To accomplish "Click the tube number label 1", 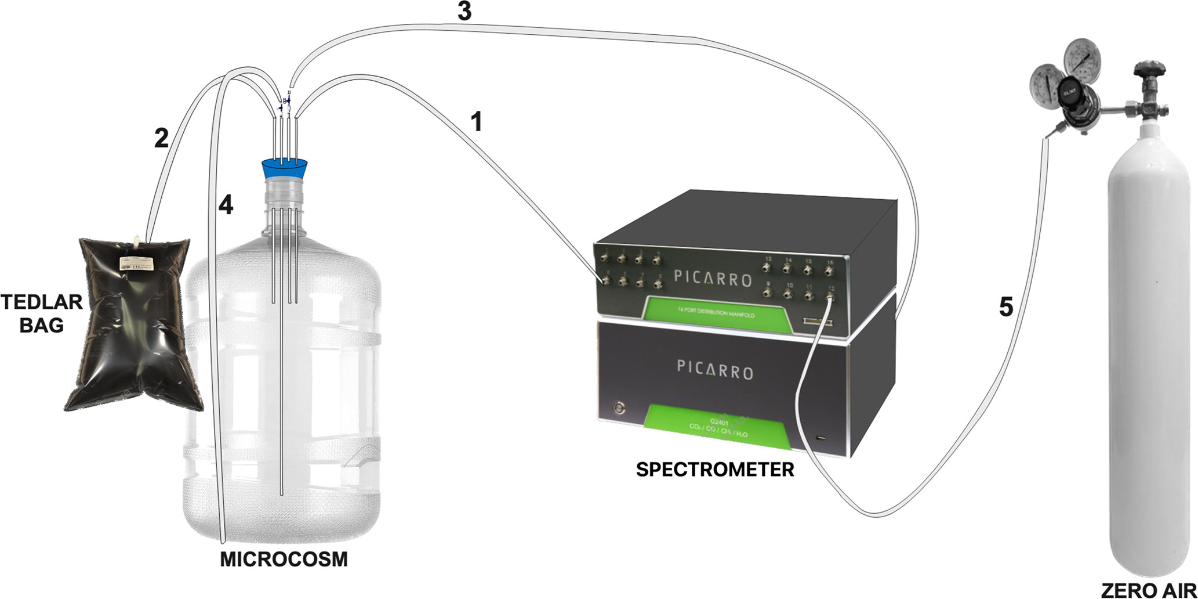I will [475, 122].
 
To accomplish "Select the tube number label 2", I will [161, 138].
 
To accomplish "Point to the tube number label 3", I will [464, 12].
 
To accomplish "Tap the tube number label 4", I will [225, 205].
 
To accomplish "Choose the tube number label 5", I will [1006, 307].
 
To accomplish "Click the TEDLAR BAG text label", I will [41, 313].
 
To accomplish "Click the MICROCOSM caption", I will [284, 560].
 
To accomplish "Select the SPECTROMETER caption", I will [714, 469].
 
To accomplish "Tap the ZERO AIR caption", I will [1148, 590].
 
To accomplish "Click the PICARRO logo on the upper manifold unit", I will [713, 277].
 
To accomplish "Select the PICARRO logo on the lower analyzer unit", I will [714, 369].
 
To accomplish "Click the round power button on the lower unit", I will [620, 407].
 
